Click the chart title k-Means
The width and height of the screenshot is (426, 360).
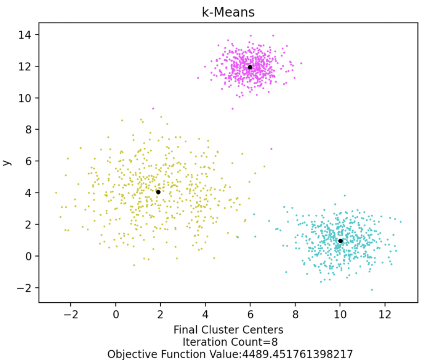coord(228,12)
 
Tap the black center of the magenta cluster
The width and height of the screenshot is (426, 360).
coord(250,67)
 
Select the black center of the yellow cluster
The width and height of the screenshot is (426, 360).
coord(158,192)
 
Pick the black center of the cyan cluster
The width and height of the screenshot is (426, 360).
coord(340,241)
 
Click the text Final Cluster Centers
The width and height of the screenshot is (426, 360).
coord(228,329)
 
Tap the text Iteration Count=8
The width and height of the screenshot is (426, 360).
coord(228,342)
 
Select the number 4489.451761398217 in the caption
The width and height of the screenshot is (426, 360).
coord(296,354)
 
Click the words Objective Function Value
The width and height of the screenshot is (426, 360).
coord(172,354)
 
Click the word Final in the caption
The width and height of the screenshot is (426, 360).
coord(185,329)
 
